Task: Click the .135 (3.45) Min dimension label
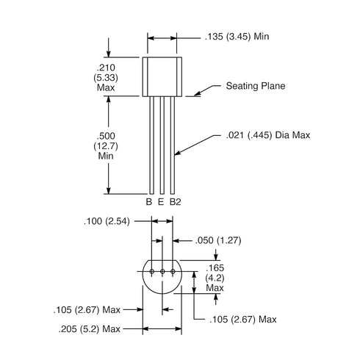237,37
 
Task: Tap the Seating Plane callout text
256,86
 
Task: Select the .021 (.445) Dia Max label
268,135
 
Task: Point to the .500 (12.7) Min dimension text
106,146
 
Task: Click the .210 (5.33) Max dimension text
106,78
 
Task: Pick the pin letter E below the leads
161,202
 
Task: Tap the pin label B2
176,202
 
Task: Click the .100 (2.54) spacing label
107,221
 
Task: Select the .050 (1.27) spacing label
218,240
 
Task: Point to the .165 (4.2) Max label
215,278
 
